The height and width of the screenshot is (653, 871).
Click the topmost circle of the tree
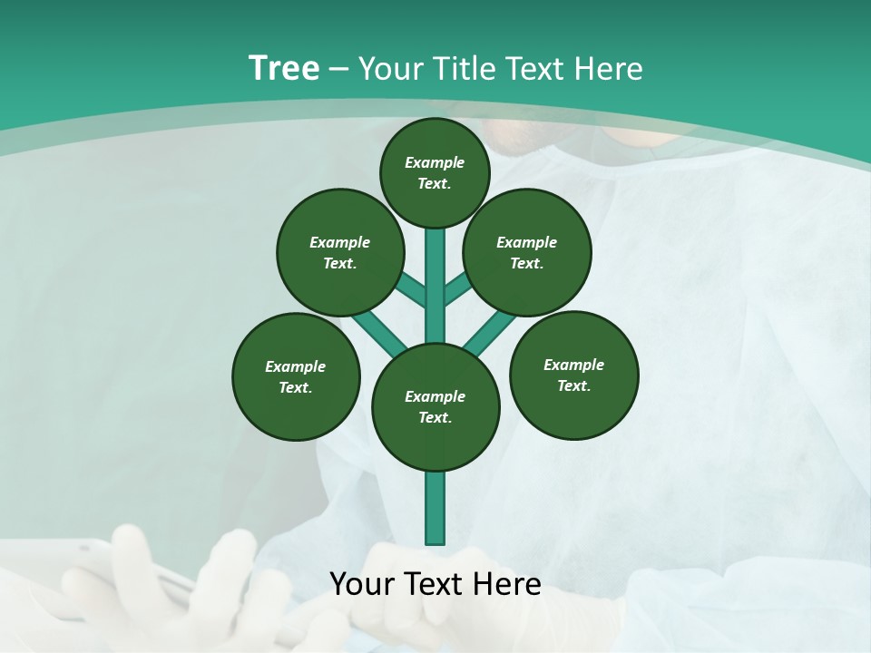(435, 172)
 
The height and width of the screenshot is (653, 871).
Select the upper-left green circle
(340, 252)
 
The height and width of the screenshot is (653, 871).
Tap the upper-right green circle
(527, 252)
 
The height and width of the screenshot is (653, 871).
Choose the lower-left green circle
(296, 376)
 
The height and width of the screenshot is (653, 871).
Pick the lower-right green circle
(573, 375)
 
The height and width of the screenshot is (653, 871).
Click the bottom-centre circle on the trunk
(435, 407)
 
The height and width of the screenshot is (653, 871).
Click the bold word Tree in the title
(284, 68)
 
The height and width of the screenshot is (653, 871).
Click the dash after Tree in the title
(338, 69)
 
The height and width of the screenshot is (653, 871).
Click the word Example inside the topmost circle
(435, 162)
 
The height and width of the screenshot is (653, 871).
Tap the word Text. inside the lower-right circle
(573, 385)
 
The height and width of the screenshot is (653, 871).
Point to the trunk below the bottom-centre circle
(435, 508)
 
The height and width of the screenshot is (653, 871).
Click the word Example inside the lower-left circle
(296, 366)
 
